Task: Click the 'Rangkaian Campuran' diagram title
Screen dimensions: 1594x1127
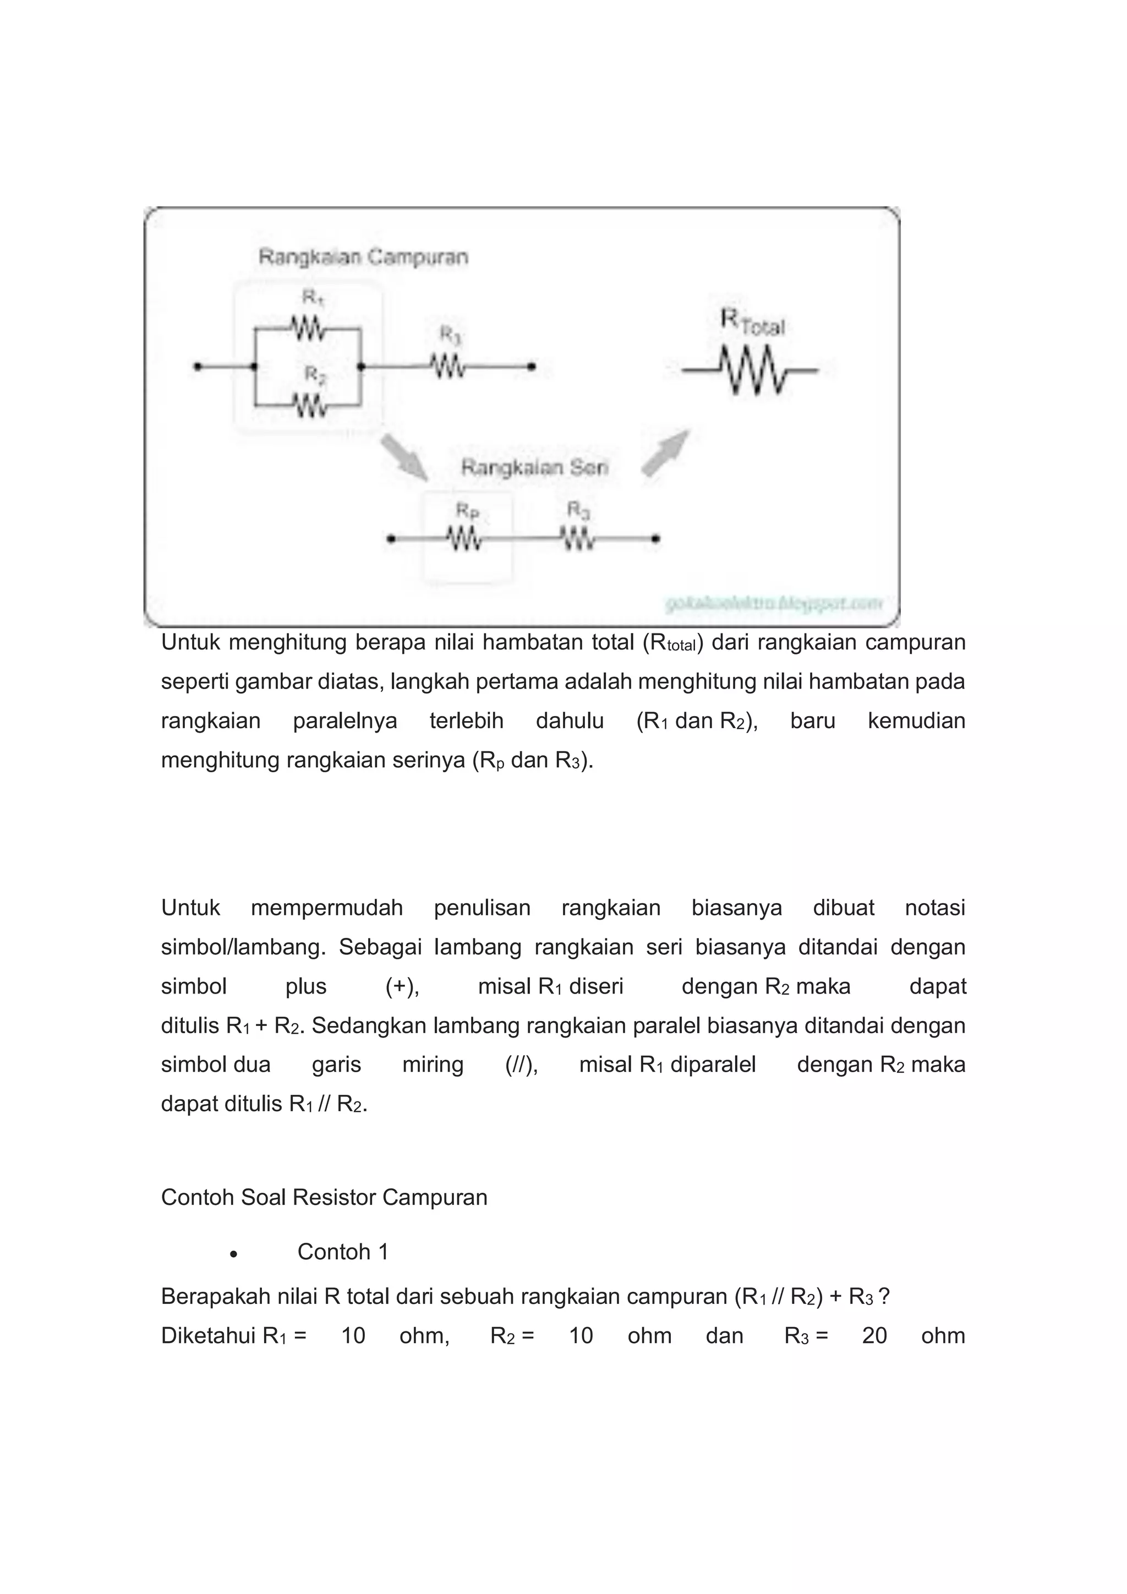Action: tap(363, 257)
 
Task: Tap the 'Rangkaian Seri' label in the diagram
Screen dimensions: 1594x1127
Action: tap(534, 467)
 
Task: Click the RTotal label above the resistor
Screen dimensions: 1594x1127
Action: tap(752, 323)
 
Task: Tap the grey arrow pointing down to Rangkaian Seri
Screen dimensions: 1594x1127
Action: tap(404, 456)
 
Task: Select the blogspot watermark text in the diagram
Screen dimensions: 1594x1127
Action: tap(773, 603)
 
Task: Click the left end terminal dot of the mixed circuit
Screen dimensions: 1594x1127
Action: tap(198, 366)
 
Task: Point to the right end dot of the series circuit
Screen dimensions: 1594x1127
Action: tap(656, 538)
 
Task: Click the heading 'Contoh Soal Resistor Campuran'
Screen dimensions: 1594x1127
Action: tap(324, 1198)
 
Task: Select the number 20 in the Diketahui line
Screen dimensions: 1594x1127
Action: tap(874, 1336)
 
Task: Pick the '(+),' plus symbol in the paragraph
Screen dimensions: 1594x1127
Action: tap(402, 986)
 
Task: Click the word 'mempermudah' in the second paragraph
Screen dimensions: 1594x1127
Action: tap(327, 908)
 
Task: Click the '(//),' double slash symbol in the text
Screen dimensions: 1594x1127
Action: tap(522, 1065)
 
